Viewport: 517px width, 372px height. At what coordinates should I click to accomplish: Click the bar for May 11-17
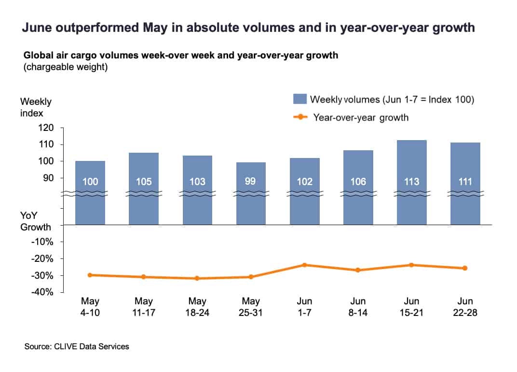point(144,188)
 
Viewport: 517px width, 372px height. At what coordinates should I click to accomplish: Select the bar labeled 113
point(412,182)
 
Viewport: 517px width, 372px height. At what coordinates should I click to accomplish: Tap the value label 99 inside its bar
point(250,181)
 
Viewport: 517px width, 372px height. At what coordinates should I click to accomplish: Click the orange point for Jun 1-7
point(305,265)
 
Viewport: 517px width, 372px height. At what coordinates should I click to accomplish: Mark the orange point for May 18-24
point(197,278)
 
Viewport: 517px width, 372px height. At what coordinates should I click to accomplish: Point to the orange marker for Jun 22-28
point(465,268)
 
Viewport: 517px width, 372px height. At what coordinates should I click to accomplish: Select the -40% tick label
point(42,292)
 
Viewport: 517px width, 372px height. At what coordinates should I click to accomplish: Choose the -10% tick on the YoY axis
point(42,242)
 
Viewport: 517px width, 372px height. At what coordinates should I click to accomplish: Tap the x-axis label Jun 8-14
point(358,307)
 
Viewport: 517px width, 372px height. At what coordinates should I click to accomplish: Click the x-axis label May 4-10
point(90,307)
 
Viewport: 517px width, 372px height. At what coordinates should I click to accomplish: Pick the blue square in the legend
point(299,99)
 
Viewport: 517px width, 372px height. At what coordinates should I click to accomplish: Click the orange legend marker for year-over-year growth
point(300,117)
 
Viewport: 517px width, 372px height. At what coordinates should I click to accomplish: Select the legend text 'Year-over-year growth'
point(361,117)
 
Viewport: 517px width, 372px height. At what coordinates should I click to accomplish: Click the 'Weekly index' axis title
point(36,107)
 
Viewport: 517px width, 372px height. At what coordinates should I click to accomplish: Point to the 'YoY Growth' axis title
point(36,221)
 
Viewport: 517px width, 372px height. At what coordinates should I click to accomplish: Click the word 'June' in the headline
point(37,28)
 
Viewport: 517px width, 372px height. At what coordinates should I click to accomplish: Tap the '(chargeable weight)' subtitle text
point(66,67)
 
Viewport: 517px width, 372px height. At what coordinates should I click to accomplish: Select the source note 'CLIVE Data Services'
point(91,346)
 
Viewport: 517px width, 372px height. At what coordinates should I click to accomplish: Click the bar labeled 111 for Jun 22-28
point(465,184)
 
